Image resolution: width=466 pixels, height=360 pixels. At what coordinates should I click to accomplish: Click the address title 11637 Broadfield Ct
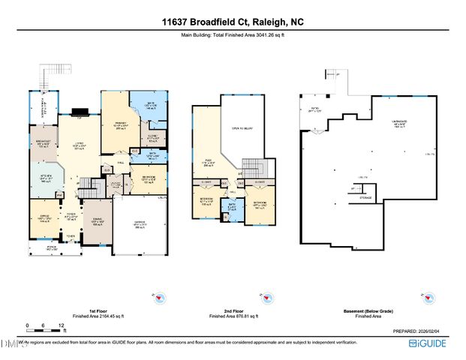pos(233,22)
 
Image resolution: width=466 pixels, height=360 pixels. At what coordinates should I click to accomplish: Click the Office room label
pos(43,218)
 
